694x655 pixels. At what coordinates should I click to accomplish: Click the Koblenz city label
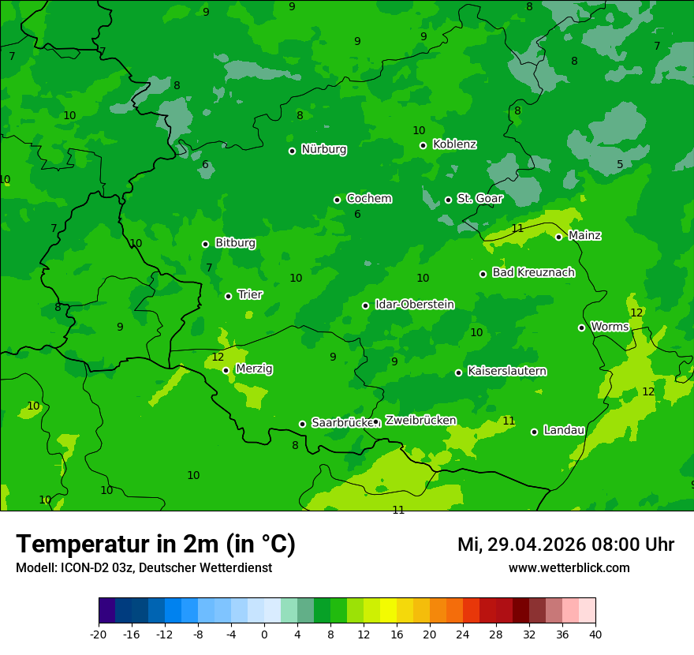(454, 144)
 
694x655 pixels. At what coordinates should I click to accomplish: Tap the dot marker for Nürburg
(292, 151)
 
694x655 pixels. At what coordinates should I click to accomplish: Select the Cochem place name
(368, 199)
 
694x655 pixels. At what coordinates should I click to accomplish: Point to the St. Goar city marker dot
(448, 200)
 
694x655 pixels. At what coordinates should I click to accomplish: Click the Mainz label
(584, 235)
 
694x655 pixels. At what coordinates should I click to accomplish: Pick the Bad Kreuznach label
(533, 272)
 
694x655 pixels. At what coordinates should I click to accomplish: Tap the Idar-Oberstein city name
(414, 305)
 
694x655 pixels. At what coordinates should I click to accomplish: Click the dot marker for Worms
(581, 327)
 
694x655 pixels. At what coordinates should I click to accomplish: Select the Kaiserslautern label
(507, 371)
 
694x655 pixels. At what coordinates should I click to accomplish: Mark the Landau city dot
(534, 432)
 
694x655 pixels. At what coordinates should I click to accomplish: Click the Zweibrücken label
(420, 421)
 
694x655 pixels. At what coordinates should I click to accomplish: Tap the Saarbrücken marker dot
(302, 424)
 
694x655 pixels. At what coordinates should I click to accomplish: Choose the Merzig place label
(254, 369)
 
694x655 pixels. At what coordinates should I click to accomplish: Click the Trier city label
(250, 294)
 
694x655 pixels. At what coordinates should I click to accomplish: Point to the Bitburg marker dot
(205, 244)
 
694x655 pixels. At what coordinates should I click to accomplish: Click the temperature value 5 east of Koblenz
(620, 164)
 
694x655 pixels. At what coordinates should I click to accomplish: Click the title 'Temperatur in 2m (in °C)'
(155, 544)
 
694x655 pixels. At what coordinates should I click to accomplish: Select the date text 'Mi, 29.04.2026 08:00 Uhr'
(565, 545)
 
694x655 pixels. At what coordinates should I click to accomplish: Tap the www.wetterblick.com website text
(569, 568)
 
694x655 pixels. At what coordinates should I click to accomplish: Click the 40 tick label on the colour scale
(595, 634)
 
